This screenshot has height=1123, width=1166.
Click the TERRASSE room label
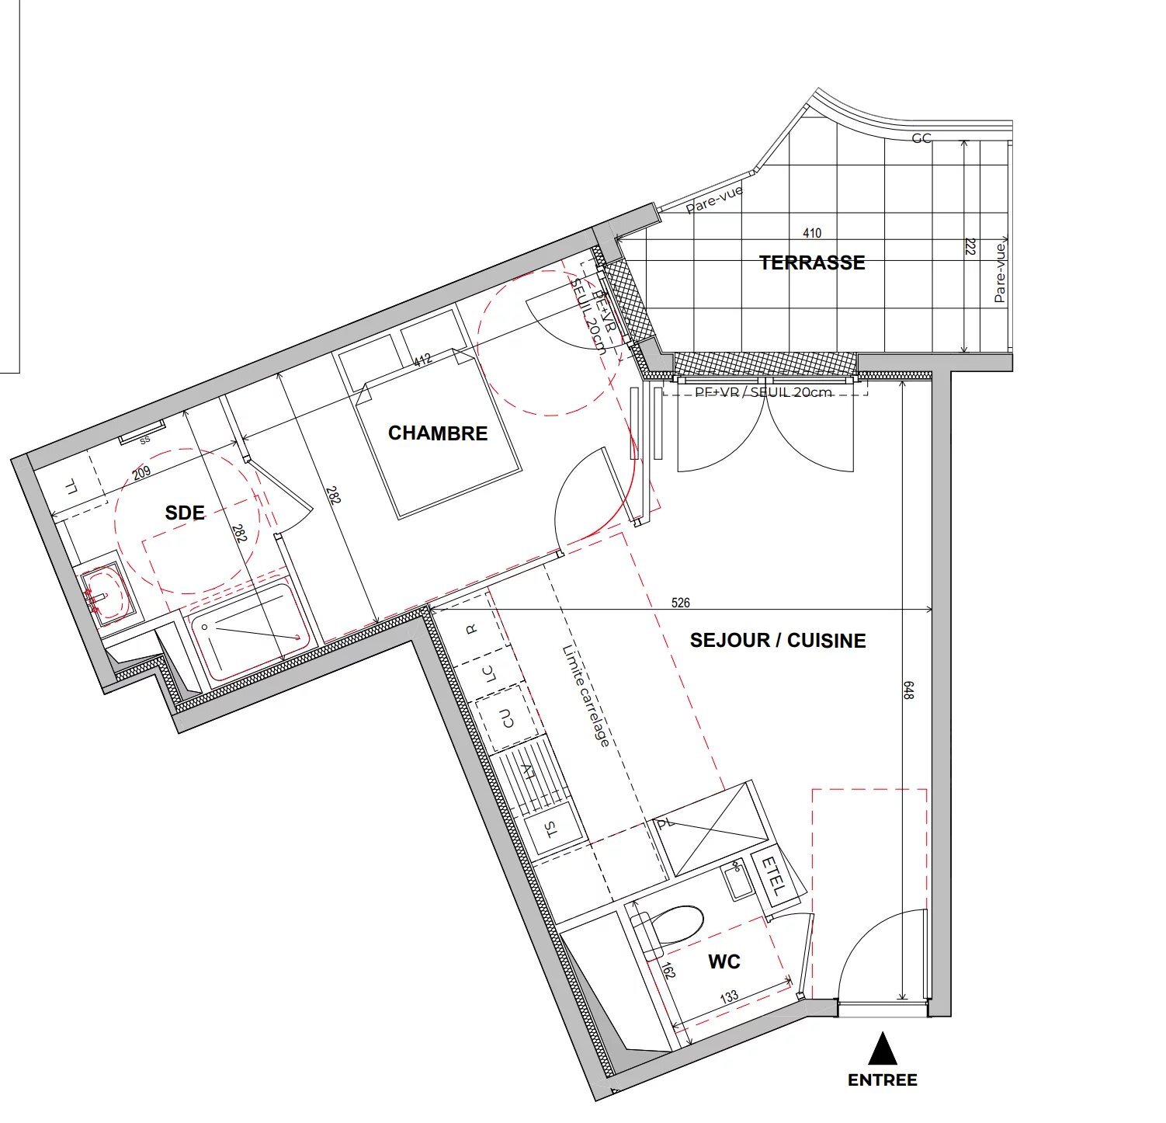[x=812, y=262]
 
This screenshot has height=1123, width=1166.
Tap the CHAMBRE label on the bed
[x=438, y=433]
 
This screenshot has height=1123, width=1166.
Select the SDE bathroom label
[x=185, y=513]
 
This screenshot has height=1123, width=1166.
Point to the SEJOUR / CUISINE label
[x=778, y=640]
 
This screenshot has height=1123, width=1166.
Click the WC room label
[x=724, y=962]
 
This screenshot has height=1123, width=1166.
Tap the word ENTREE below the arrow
[x=882, y=1080]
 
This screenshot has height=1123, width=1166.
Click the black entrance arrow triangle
[x=882, y=1049]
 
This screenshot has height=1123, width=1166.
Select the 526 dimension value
[x=680, y=602]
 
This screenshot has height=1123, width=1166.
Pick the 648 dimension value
[x=909, y=690]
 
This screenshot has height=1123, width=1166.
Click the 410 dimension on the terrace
[x=812, y=232]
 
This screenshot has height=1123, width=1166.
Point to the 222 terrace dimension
[x=970, y=247]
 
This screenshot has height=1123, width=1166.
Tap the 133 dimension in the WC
[x=729, y=996]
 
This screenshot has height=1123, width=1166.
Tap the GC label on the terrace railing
[x=921, y=138]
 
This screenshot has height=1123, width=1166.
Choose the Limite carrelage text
[x=585, y=696]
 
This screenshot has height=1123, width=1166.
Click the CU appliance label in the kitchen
[x=507, y=718]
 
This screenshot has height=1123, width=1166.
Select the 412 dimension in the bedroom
[x=422, y=360]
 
